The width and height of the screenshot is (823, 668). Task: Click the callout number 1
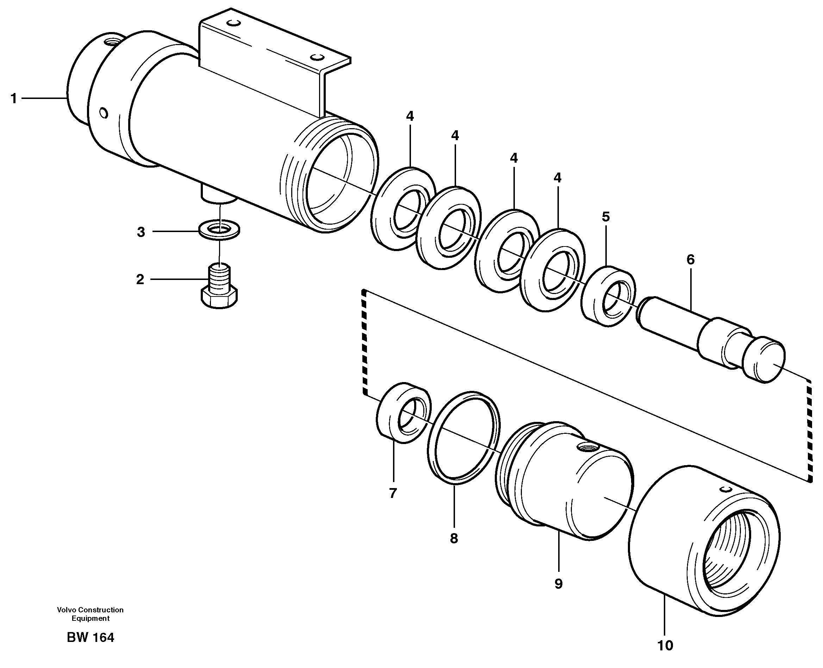pos(14,99)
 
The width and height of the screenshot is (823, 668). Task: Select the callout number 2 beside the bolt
pos(140,279)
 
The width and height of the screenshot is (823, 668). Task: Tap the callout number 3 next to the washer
pos(141,232)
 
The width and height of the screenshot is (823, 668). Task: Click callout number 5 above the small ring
pos(606,217)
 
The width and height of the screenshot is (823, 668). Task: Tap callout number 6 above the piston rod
pos(691,260)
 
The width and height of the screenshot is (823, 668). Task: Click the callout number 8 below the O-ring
pos(454,538)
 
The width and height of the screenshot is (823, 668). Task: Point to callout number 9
pos(558,584)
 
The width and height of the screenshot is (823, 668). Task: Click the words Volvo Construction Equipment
pos(91,614)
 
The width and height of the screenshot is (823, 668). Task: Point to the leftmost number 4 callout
pos(410,116)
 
